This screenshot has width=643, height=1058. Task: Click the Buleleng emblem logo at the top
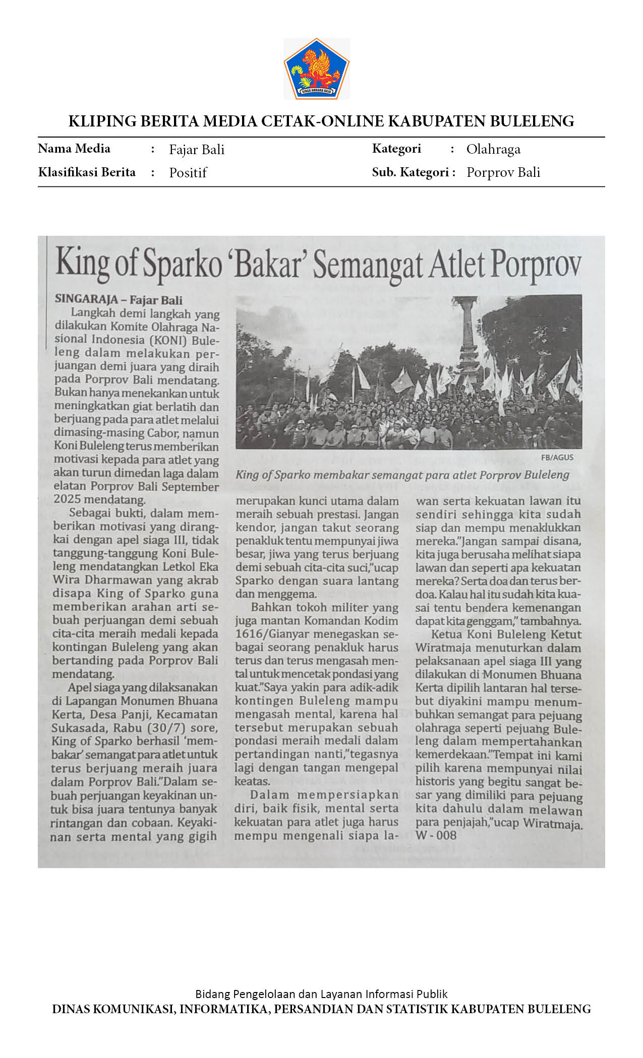[317, 69]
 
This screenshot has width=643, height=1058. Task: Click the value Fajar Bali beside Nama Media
[197, 150]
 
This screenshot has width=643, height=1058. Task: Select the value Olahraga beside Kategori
[493, 149]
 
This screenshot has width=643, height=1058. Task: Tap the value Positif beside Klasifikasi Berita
[188, 173]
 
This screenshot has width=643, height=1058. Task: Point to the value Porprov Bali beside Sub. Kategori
[503, 172]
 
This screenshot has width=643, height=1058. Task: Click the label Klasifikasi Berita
[87, 172]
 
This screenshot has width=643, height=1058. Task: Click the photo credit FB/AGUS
[557, 457]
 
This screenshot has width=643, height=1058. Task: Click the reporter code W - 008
[436, 835]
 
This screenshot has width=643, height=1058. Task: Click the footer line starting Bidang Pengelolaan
[321, 994]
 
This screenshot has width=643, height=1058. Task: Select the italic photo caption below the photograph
[402, 475]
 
